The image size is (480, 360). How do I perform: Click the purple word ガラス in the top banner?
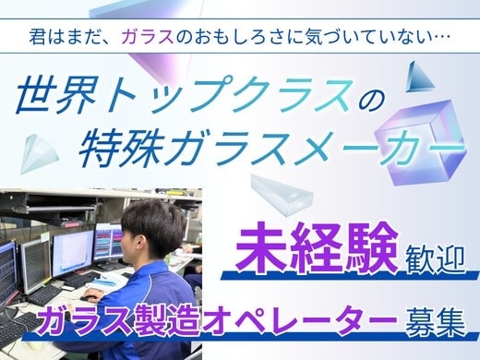point(147,37)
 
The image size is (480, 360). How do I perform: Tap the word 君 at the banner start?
point(37,37)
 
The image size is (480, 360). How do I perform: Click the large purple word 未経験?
point(317,248)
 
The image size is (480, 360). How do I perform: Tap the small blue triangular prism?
point(418,77)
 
